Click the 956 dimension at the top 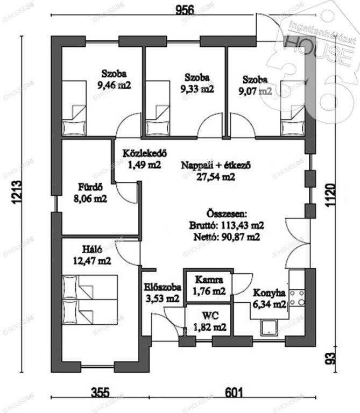tap(185, 10)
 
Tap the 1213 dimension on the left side tap(16, 192)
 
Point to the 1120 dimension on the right tap(331, 195)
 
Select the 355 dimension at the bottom tap(100, 393)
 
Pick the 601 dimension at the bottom tap(234, 393)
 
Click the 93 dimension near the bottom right tap(331, 359)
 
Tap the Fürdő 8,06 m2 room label tap(90, 193)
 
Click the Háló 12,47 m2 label tap(92, 255)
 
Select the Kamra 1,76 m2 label tap(209, 285)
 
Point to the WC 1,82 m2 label tap(210, 322)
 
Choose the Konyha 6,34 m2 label tap(269, 298)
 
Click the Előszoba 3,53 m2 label tap(163, 293)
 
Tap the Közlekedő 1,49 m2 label tap(144, 159)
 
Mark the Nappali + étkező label tap(216, 165)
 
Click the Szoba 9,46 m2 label tap(114, 79)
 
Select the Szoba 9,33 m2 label tap(197, 83)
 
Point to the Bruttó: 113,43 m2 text tap(227, 225)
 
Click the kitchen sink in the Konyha tap(269, 327)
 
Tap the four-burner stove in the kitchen tap(297, 298)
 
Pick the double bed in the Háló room tap(90, 300)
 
